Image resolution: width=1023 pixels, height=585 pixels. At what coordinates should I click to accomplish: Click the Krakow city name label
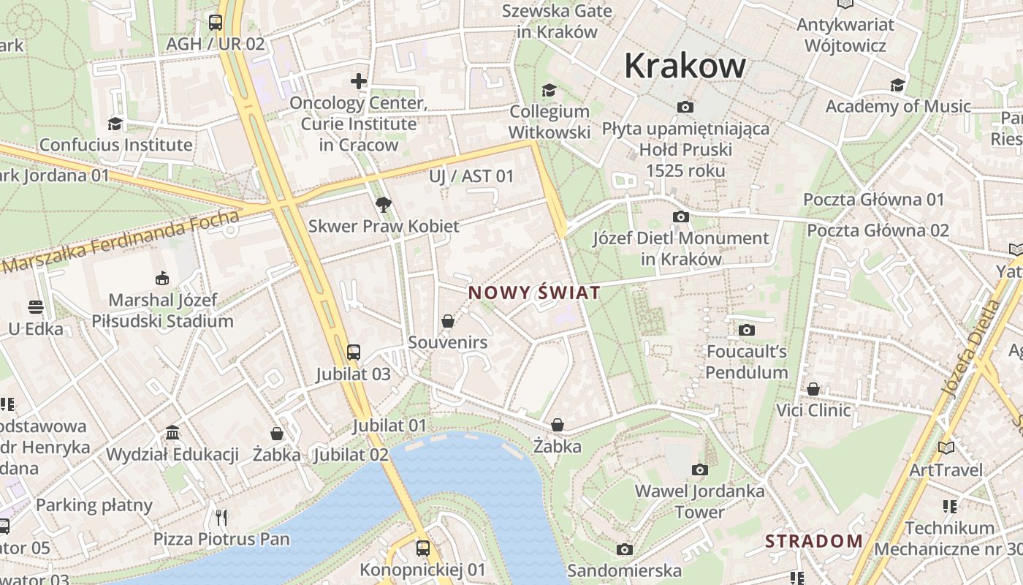click(x=685, y=66)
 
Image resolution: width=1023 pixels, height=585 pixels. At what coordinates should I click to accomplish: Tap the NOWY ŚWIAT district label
click(x=534, y=293)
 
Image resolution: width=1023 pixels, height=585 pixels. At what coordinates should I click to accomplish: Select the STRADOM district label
click(x=813, y=542)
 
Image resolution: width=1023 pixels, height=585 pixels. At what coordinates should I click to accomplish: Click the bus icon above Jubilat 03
click(x=354, y=352)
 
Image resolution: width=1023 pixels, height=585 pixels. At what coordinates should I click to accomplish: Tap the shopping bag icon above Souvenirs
click(x=447, y=321)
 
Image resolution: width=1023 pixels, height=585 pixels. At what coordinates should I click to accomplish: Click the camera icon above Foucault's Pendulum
click(x=746, y=330)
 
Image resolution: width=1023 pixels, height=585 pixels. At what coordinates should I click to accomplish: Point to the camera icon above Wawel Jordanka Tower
click(x=699, y=469)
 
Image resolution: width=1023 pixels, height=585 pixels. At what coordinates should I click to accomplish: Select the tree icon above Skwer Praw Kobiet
click(x=383, y=204)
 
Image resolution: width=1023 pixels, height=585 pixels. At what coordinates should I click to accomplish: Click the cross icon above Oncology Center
click(x=358, y=80)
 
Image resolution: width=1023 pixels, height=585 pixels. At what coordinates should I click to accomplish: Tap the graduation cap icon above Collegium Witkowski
click(x=549, y=90)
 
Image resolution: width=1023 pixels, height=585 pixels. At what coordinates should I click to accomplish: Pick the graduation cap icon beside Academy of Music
click(x=897, y=86)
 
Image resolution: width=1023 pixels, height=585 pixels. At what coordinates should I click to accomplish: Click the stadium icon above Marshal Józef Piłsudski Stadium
click(x=162, y=278)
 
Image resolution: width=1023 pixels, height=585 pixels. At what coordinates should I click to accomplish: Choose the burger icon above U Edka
click(x=35, y=306)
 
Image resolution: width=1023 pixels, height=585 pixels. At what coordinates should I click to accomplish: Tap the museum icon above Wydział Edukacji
click(x=172, y=433)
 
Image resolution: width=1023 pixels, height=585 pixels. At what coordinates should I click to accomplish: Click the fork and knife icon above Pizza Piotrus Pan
click(x=221, y=518)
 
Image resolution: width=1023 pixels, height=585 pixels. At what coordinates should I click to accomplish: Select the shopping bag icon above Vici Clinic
click(x=813, y=389)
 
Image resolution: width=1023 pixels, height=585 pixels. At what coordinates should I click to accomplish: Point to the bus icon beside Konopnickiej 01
click(x=422, y=548)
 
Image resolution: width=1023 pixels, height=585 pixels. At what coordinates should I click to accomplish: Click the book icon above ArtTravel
click(x=946, y=448)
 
